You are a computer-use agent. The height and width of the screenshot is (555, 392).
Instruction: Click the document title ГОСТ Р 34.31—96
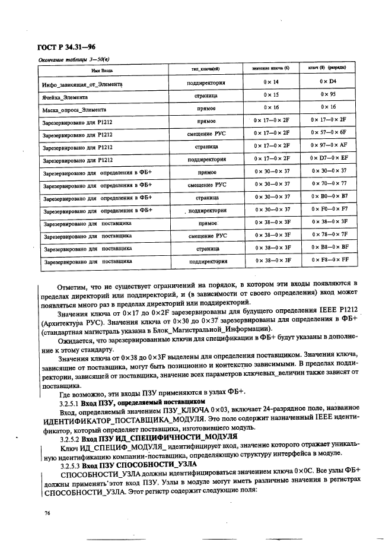67,47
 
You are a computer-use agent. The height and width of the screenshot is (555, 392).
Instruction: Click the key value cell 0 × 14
272,81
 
